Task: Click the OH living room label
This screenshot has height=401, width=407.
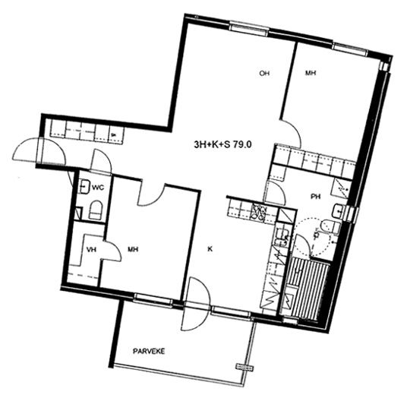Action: [264, 73]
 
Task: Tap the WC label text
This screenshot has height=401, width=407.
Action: [98, 187]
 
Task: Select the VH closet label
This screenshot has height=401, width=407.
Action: [91, 249]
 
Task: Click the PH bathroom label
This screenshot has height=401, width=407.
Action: [316, 197]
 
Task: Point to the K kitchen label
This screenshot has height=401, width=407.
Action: [210, 249]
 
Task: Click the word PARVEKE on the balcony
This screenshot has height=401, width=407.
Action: [149, 352]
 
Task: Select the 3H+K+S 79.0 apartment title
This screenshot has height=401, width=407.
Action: [222, 144]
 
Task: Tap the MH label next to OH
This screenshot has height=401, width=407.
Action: [311, 73]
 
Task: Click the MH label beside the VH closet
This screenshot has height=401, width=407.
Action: [133, 249]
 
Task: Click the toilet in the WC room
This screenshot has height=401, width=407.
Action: [96, 210]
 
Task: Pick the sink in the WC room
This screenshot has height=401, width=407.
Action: [84, 186]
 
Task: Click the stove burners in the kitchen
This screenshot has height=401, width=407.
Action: [259, 213]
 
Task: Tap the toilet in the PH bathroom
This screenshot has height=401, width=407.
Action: [330, 226]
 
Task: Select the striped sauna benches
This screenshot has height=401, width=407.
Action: [308, 288]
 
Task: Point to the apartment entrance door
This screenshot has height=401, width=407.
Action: [39, 150]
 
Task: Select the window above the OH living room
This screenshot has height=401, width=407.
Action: [249, 30]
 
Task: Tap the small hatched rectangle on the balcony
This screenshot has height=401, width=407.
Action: [245, 367]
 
